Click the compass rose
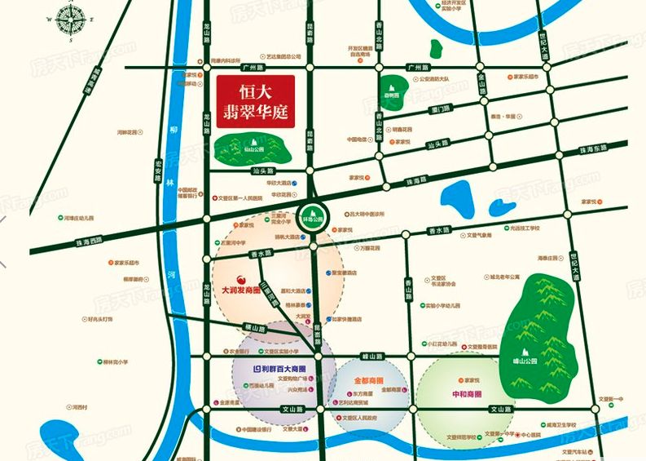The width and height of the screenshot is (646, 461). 71,20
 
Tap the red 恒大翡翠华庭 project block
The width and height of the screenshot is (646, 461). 253,102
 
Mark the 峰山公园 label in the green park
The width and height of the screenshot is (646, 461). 534,357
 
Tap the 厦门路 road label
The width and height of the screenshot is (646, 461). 444,109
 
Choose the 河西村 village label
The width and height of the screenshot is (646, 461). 78,406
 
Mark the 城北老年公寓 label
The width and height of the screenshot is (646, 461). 505,277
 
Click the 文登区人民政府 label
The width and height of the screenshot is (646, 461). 360,417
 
